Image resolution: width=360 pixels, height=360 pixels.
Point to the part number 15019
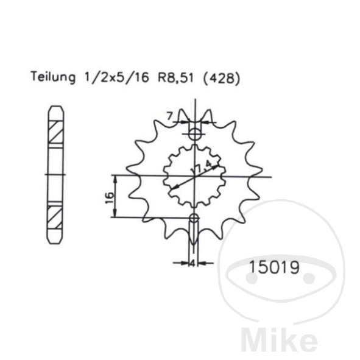pos(274,267)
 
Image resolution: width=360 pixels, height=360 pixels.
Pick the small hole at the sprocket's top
pos(194,134)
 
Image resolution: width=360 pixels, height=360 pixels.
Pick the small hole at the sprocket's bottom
pos(194,218)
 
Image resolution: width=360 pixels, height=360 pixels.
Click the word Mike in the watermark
pos(279,339)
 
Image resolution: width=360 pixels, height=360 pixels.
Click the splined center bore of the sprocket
pos(194,176)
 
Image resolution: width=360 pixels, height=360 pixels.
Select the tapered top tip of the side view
pos(55,111)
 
